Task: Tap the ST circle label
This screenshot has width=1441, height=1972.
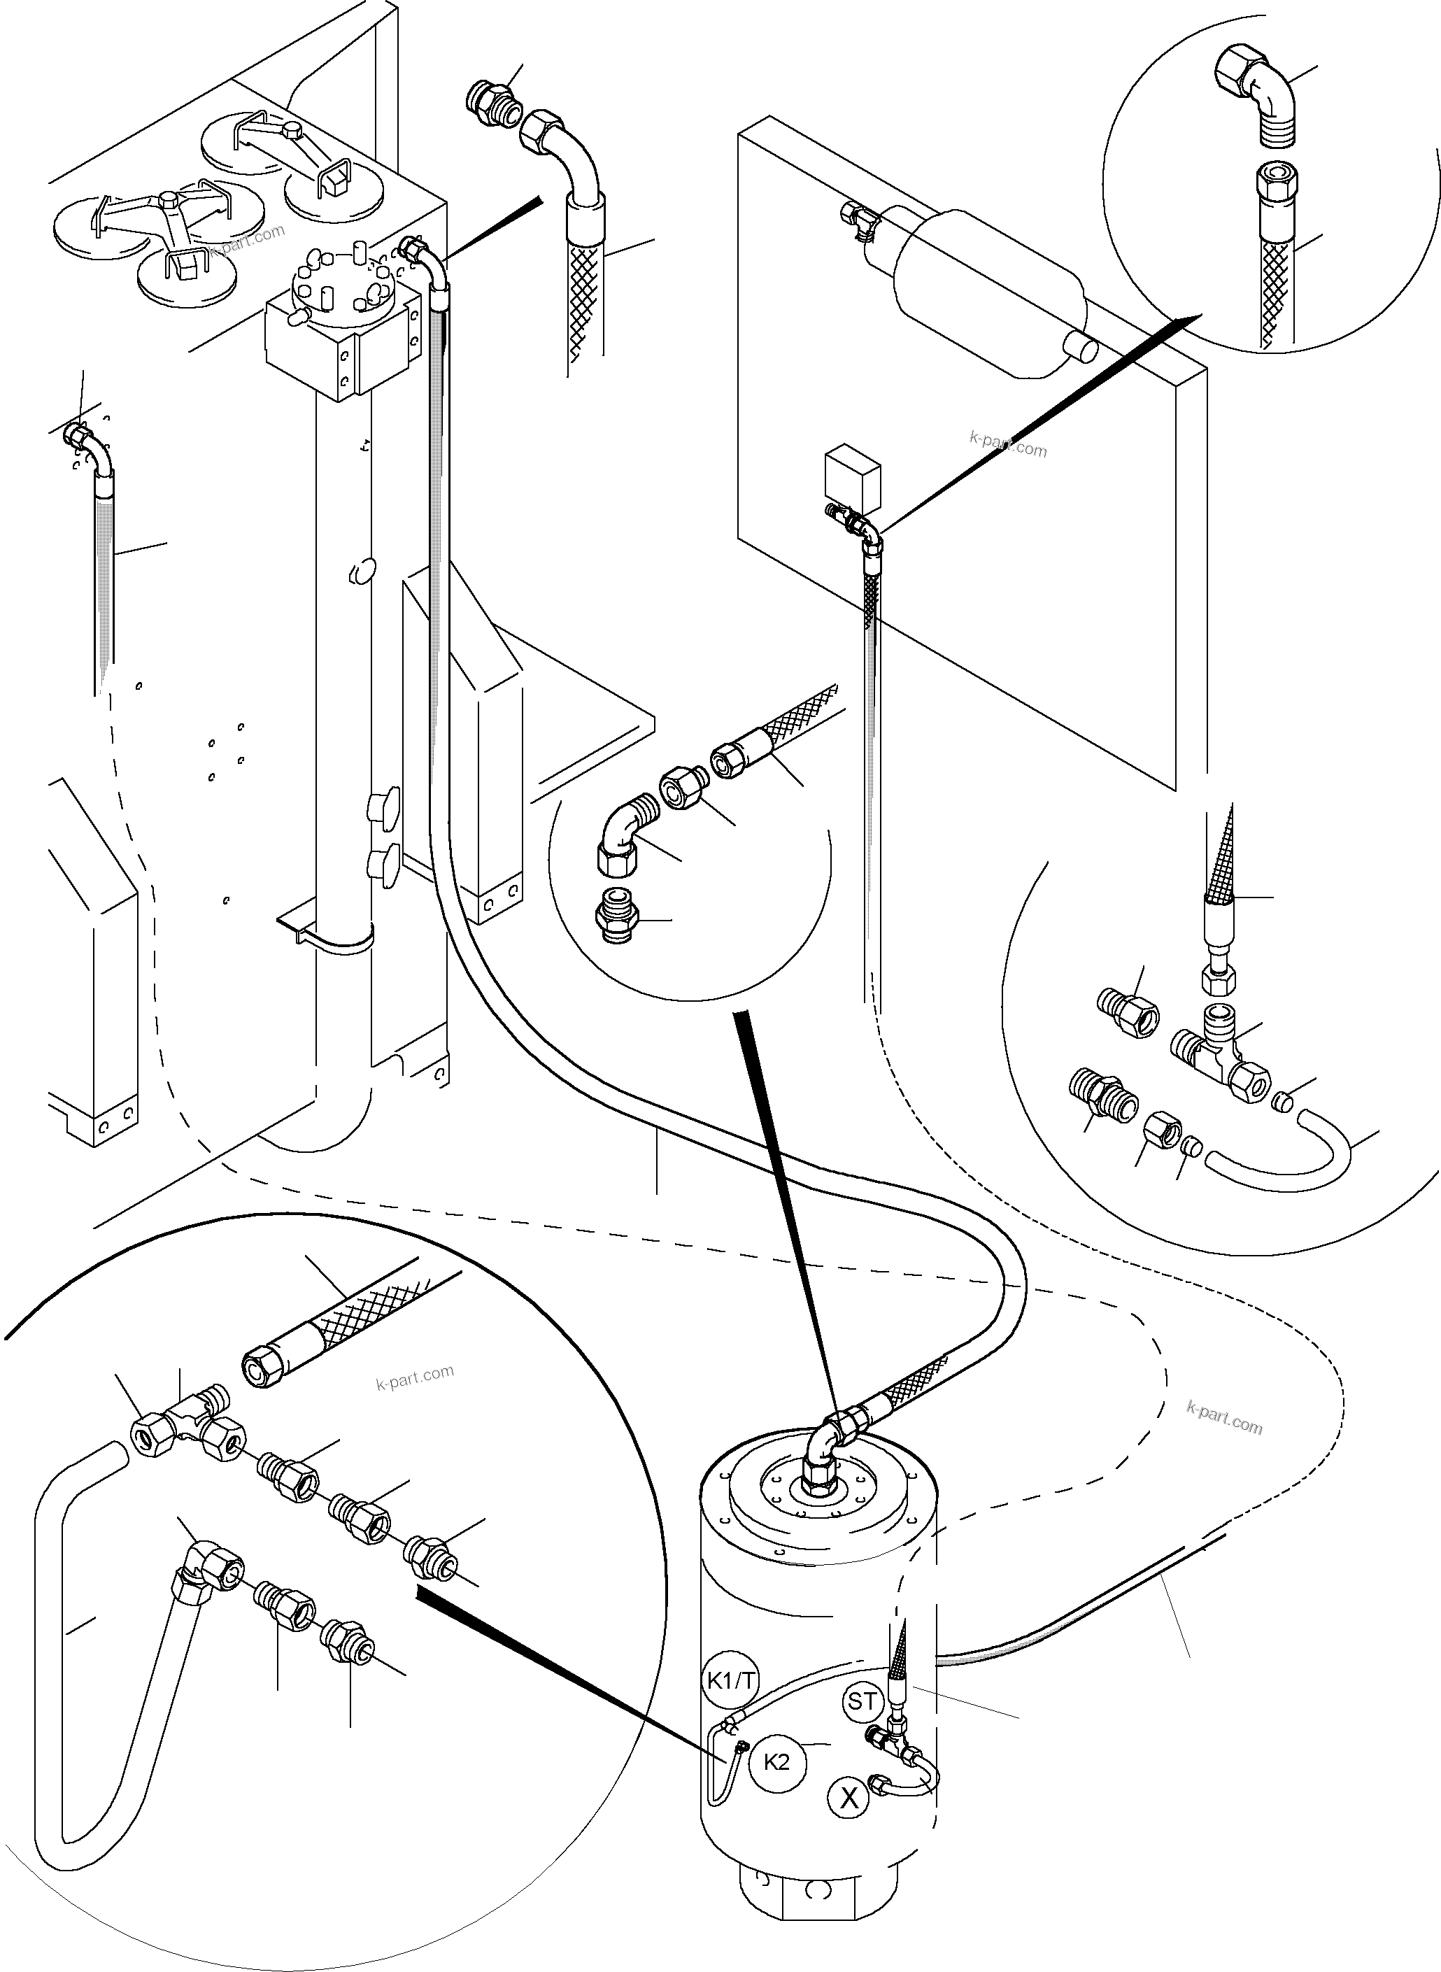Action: pyautogui.click(x=863, y=1701)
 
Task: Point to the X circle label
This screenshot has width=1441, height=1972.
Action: pyautogui.click(x=849, y=1796)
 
